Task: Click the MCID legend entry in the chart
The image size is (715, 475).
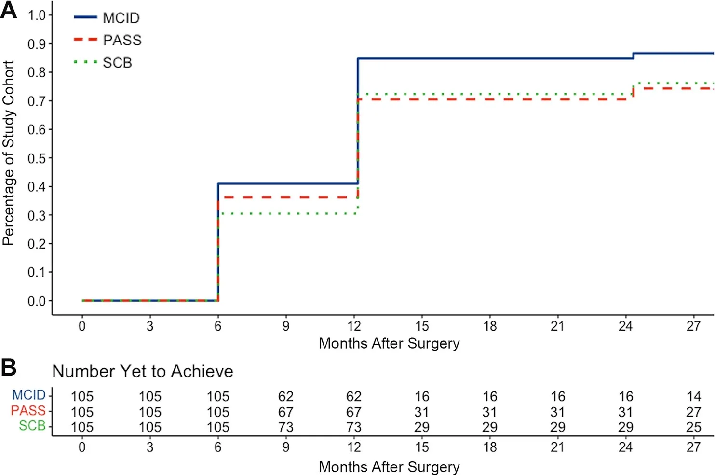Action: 107,17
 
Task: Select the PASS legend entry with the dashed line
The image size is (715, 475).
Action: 108,40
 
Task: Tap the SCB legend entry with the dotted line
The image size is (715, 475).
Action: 103,62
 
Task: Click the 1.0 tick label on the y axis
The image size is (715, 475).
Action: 36,15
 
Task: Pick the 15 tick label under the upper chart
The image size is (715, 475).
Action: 422,326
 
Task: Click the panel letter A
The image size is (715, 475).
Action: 9,11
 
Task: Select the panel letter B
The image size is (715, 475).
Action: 9,368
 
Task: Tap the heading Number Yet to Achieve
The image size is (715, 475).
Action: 143,371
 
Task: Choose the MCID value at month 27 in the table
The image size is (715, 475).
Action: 693,396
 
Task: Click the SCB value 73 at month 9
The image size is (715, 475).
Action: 286,427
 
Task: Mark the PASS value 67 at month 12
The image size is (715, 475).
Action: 354,412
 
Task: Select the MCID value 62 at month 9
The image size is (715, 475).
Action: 286,396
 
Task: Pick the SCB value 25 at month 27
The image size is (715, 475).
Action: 693,427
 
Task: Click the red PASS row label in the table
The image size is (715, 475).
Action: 28,410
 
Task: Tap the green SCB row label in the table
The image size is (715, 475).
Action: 32,426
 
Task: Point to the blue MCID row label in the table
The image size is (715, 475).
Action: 29,395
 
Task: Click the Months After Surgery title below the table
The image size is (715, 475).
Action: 389,467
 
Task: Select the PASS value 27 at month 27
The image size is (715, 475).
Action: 693,412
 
